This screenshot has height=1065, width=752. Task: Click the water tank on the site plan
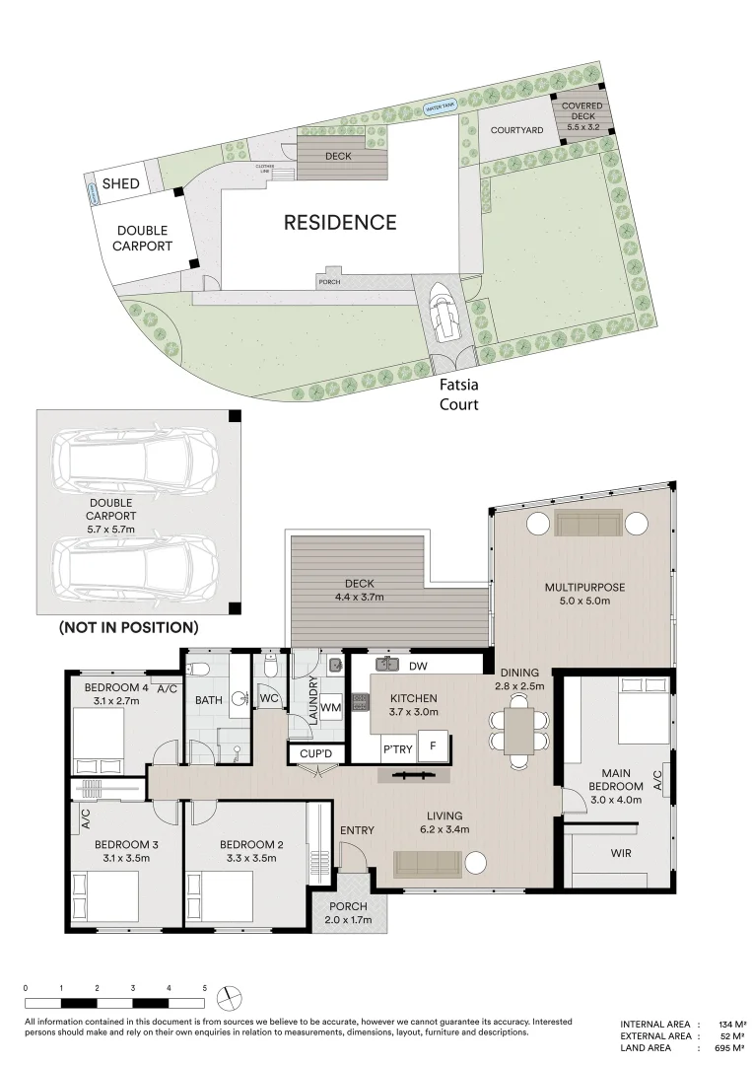pyautogui.click(x=441, y=107)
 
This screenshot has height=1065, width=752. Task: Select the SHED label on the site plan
pyautogui.click(x=121, y=184)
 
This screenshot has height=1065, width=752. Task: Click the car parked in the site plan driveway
pyautogui.click(x=444, y=315)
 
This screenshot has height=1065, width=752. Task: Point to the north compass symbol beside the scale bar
pyautogui.click(x=229, y=994)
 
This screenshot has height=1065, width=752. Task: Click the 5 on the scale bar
pyautogui.click(x=205, y=987)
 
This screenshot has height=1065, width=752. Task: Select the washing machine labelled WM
pyautogui.click(x=331, y=708)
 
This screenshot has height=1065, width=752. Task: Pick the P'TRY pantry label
pyautogui.click(x=398, y=749)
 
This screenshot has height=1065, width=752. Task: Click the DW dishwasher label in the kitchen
pyautogui.click(x=417, y=667)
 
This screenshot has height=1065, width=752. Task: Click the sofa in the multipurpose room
pyautogui.click(x=588, y=523)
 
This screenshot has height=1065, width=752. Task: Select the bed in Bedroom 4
pyautogui.click(x=99, y=739)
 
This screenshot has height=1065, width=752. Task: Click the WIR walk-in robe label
pyautogui.click(x=621, y=853)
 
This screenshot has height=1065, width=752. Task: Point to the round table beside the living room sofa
pyautogui.click(x=476, y=864)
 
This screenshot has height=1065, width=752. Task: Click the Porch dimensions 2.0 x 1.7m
pyautogui.click(x=346, y=921)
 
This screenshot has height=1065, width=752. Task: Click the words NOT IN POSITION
pyautogui.click(x=128, y=627)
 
